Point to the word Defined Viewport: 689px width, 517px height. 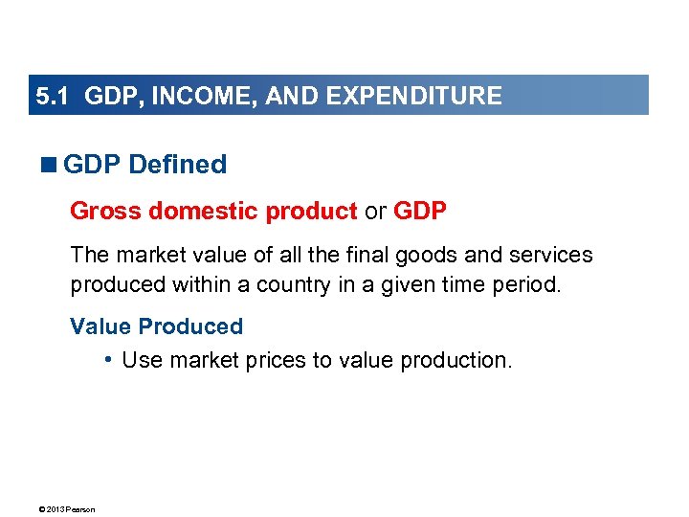pos(177,165)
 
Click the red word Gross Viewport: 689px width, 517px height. pos(100,211)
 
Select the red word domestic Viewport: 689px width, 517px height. pos(191,211)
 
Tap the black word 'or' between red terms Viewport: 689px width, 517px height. pos(375,211)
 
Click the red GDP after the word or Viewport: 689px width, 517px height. pos(420,211)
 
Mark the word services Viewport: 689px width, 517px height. pos(554,256)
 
